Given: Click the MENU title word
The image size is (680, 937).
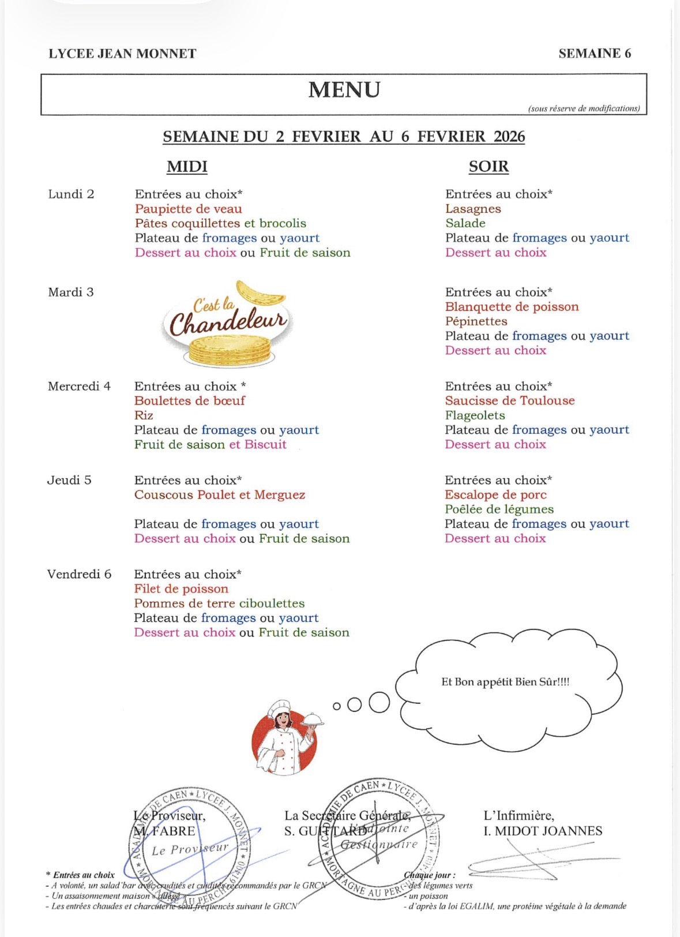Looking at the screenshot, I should pos(344,90).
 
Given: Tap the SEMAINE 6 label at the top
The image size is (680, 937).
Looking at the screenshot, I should pos(595,54).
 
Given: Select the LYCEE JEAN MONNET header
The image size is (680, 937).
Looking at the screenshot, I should pos(122,54).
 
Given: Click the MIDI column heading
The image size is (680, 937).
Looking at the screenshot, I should pos(187,167).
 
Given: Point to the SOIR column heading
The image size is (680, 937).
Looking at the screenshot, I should pos(489,167).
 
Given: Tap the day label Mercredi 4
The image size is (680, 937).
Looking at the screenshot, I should pos(79,386).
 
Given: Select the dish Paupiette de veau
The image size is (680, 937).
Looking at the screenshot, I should pos(189,209).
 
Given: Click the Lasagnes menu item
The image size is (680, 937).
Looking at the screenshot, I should pos(473,209).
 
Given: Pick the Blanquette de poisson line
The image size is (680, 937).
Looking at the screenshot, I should pos(512,307).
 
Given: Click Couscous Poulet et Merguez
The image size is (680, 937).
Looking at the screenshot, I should pos(220,495).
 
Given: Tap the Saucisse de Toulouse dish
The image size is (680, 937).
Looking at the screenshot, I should pos(510,400).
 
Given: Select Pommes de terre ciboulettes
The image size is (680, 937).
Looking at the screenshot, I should pos(219,604).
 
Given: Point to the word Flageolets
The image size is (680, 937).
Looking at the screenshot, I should pos(475,415).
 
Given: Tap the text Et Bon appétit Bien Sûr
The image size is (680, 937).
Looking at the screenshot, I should pos(505,682).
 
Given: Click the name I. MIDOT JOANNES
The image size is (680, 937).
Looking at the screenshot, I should pos(543,831).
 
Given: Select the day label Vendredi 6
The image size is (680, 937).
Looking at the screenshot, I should pos(79,574).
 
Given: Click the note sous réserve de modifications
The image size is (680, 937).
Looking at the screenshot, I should pos(584,108).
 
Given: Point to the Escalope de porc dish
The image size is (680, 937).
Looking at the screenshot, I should pos(495,495).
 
